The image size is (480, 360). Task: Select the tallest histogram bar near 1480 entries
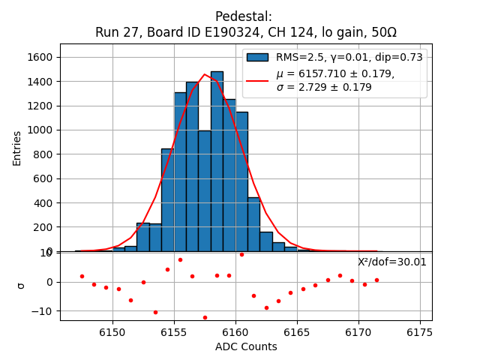[217, 161]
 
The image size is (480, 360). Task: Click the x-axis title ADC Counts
[246, 346]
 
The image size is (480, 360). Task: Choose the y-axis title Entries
[17, 148]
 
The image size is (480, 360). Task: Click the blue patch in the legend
[257, 58]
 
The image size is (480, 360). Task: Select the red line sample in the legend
[257, 79]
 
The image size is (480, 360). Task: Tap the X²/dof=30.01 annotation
[392, 262]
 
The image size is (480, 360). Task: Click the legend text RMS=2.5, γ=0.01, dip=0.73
[349, 58]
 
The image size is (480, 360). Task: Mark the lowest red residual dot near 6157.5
[205, 317]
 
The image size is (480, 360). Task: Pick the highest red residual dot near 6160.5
[241, 254]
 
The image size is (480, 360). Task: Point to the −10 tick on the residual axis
[43, 311]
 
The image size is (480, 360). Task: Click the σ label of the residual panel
[21, 286]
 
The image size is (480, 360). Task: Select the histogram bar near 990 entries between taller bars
[205, 191]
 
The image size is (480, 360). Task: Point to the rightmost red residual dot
[376, 280]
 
